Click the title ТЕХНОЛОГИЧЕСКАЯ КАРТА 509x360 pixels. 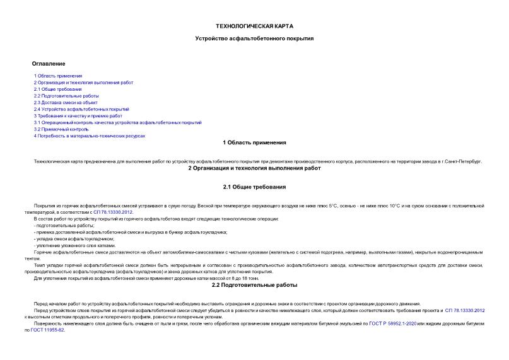pos(254,26)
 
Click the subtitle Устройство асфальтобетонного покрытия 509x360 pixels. pos(254,38)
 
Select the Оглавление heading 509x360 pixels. pos(49,64)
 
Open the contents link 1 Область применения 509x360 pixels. pos(58,76)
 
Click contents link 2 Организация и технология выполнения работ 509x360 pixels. pos(83,83)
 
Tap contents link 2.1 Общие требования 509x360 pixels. pos(57,90)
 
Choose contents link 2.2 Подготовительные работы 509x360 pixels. pos(66,96)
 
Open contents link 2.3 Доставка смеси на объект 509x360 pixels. pos(66,102)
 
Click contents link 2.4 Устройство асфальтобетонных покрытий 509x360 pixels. pos(81,109)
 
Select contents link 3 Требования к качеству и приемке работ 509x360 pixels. pos(78,116)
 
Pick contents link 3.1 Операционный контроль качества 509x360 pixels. pos(118,122)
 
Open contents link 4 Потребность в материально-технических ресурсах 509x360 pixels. pos(90,136)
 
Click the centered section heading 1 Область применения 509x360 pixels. pos(254,142)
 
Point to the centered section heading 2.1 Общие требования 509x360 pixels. pos(254,187)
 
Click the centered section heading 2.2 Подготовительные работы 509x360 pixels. pos(254,285)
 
